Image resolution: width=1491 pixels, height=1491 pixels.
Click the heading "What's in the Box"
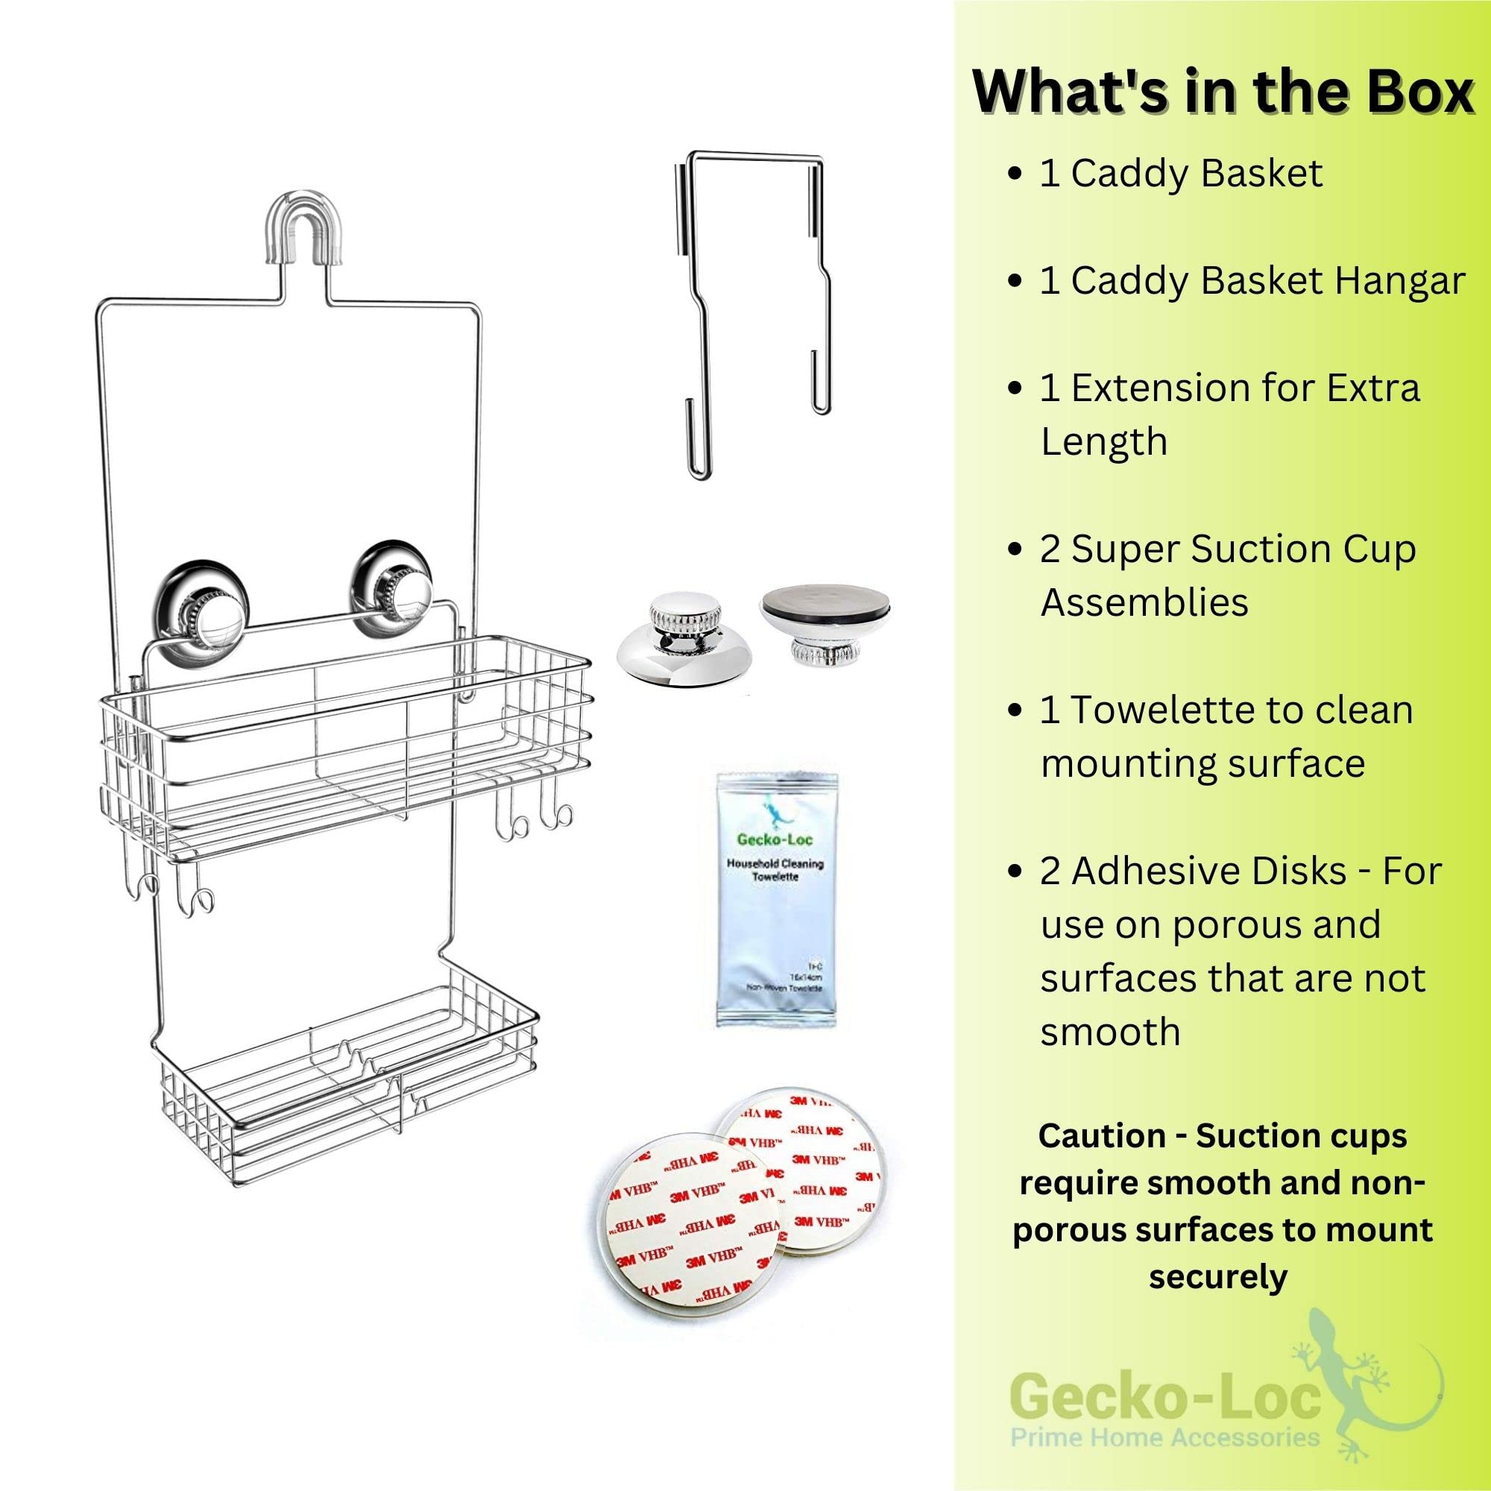click(1223, 92)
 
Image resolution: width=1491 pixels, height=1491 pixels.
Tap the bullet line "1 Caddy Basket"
click(1181, 173)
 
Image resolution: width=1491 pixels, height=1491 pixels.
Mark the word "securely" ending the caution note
click(1218, 1276)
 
